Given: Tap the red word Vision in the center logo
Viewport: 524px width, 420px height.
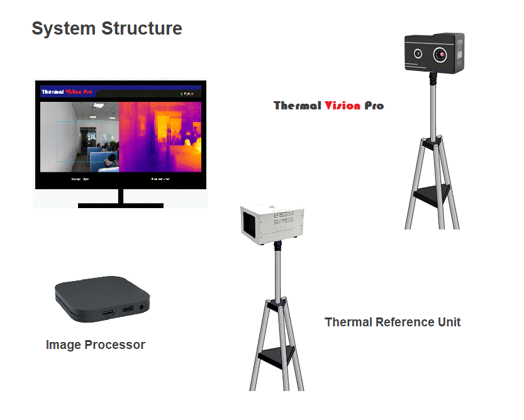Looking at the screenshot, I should pos(343,106).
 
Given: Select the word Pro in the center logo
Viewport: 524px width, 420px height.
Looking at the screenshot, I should pos(374,106).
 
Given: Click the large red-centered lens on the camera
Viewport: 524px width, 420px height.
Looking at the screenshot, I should pos(442,55).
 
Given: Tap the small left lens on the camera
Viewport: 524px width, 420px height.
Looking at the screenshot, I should pos(418,55).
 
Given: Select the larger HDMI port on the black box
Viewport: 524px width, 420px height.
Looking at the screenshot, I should pos(108,312).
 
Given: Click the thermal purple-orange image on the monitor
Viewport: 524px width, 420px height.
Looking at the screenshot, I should pos(160,137).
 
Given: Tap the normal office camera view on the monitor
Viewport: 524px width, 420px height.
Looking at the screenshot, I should pos(80,137).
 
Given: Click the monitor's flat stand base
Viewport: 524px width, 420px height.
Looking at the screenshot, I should pos(120,205).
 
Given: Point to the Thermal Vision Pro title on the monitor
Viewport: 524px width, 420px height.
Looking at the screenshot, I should pos(67,92).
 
